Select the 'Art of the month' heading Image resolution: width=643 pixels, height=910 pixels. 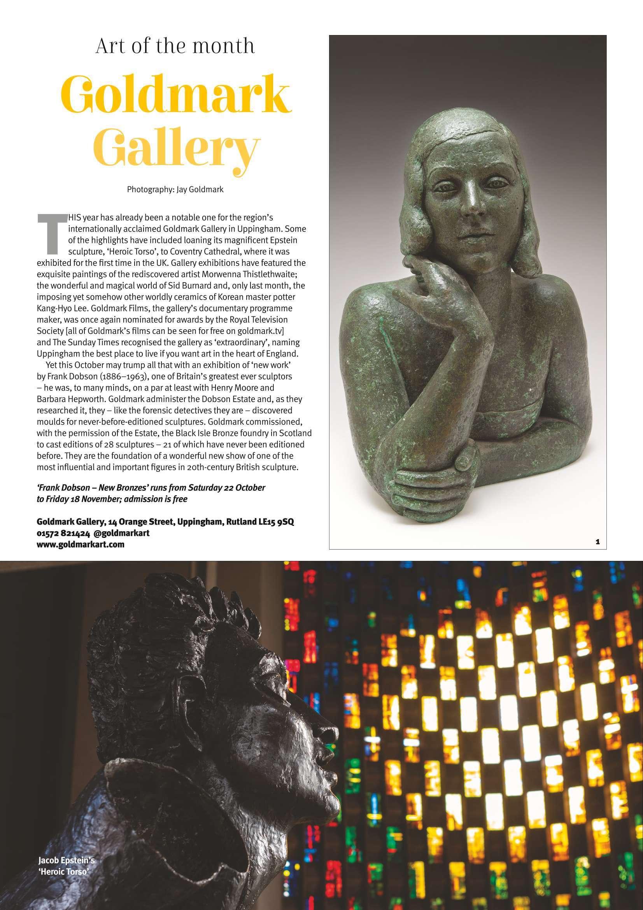coord(175,46)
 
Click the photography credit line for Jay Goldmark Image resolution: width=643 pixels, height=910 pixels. coord(175,190)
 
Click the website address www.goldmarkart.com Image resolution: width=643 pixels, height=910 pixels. coord(81,544)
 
